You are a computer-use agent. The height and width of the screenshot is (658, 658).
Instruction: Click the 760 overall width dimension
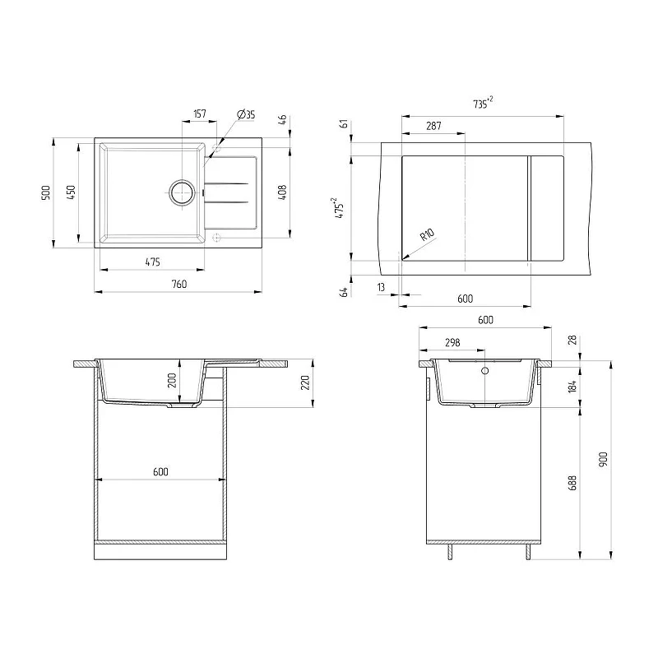click(178, 284)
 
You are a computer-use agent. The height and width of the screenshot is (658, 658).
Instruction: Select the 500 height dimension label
click(46, 192)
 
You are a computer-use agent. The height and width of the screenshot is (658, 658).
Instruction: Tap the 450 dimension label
click(71, 192)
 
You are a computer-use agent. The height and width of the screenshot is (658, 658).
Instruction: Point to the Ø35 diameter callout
click(246, 114)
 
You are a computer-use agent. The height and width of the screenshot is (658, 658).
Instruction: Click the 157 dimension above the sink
click(200, 114)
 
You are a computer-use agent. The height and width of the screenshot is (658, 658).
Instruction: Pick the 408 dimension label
click(282, 192)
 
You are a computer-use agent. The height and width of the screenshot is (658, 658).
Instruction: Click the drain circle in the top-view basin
click(182, 192)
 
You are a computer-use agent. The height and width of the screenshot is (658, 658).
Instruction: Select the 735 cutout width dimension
click(483, 103)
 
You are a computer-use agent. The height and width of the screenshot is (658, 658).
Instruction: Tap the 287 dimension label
click(433, 126)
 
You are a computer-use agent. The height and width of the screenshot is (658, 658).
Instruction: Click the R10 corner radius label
click(427, 234)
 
